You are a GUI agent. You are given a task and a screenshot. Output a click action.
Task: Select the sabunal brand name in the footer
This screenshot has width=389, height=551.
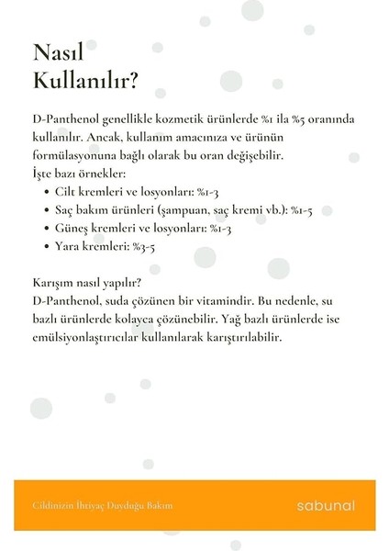326,505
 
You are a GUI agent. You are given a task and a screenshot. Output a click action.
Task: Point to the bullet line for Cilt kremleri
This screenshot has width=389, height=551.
136,191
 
